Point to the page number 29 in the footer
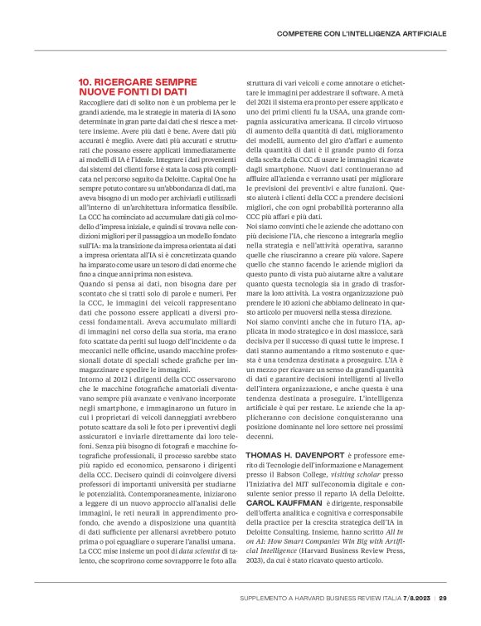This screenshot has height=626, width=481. (x=444, y=598)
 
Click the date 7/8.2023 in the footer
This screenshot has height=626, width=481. (x=415, y=598)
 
